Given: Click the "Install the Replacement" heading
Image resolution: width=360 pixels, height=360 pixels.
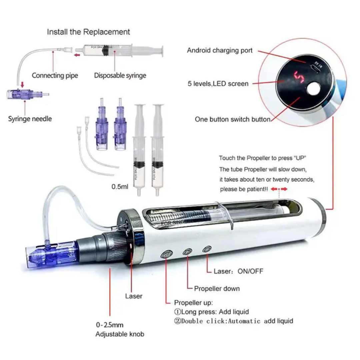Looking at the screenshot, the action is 88,32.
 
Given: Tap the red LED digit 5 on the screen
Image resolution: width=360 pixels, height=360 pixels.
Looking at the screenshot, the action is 299,77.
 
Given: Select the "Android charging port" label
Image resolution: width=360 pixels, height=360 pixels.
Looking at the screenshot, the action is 220,50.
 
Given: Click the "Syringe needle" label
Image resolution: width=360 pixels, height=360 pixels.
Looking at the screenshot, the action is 30,119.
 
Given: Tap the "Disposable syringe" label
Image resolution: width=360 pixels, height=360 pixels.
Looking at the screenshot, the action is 120,76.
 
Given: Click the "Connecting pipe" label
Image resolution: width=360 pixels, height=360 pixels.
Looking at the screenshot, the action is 55,76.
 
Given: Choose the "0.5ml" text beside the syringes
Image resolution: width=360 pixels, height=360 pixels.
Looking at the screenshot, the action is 120,187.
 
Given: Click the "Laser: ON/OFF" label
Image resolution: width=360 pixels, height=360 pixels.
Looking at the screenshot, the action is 238,271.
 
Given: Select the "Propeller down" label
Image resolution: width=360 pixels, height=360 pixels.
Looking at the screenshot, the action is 217,289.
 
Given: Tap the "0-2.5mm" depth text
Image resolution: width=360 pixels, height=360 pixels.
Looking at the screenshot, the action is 110,325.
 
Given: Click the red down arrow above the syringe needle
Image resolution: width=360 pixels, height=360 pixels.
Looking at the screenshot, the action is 22,84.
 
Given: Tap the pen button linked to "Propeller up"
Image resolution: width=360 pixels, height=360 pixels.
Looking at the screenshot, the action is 167,254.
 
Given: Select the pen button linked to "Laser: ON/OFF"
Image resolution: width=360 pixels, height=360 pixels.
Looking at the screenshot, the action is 207,249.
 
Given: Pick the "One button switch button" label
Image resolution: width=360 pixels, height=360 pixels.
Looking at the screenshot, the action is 232,119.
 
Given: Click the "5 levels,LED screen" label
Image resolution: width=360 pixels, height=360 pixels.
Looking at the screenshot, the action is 218,84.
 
